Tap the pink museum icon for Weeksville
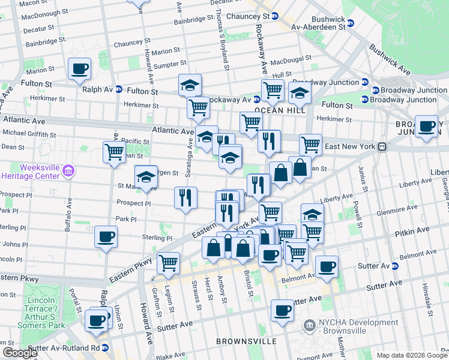coord(68,172)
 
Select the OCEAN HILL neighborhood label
coord(280,110)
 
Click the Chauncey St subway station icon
coord(274,16)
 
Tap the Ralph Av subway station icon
coord(119,89)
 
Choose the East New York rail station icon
coord(381,147)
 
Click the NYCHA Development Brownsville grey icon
coord(309,326)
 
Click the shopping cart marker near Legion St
coord(168,262)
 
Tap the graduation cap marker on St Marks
coord(146,176)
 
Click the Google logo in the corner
coord(20,353)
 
